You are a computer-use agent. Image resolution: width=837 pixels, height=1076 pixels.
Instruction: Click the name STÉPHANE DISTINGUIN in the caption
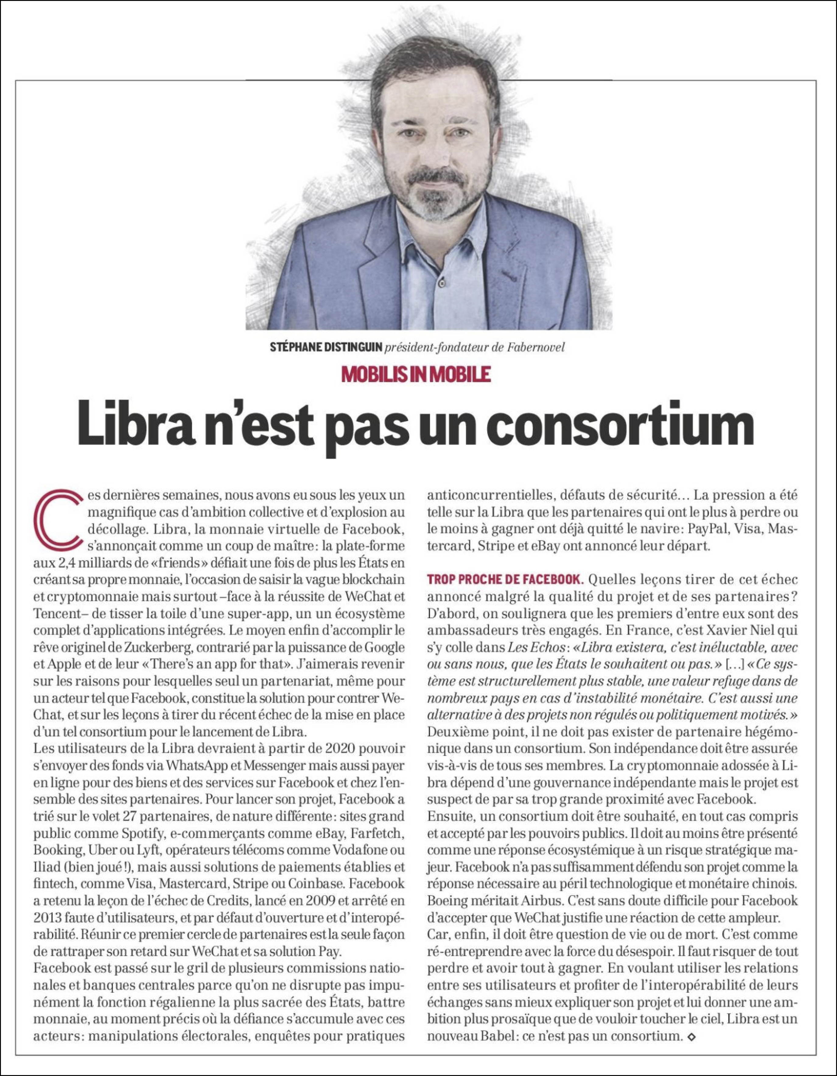326,347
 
